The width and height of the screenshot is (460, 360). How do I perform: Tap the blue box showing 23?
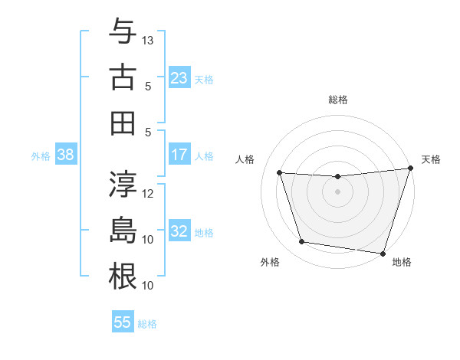pyautogui.click(x=179, y=77)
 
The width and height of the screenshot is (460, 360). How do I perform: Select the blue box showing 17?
pyautogui.click(x=179, y=155)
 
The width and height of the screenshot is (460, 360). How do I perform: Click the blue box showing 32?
pyautogui.click(x=179, y=231)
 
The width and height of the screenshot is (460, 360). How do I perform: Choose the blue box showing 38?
pyautogui.click(x=66, y=155)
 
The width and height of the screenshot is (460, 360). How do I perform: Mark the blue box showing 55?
pyautogui.click(x=123, y=322)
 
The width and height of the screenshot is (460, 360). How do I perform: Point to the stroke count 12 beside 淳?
pyautogui.click(x=149, y=194)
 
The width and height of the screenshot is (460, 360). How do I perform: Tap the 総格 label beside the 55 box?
pyautogui.click(x=147, y=324)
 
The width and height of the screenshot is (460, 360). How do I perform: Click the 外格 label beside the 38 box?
pyautogui.click(x=41, y=156)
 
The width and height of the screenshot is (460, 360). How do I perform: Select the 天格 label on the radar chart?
pyautogui.click(x=432, y=159)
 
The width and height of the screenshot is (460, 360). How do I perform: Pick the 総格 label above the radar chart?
pyautogui.click(x=338, y=100)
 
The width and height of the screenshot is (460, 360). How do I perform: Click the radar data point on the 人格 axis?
pyautogui.click(x=280, y=173)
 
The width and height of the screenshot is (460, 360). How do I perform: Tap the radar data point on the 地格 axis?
pyautogui.click(x=383, y=253)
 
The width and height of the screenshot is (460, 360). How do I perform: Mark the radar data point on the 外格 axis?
pyautogui.click(x=302, y=242)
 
